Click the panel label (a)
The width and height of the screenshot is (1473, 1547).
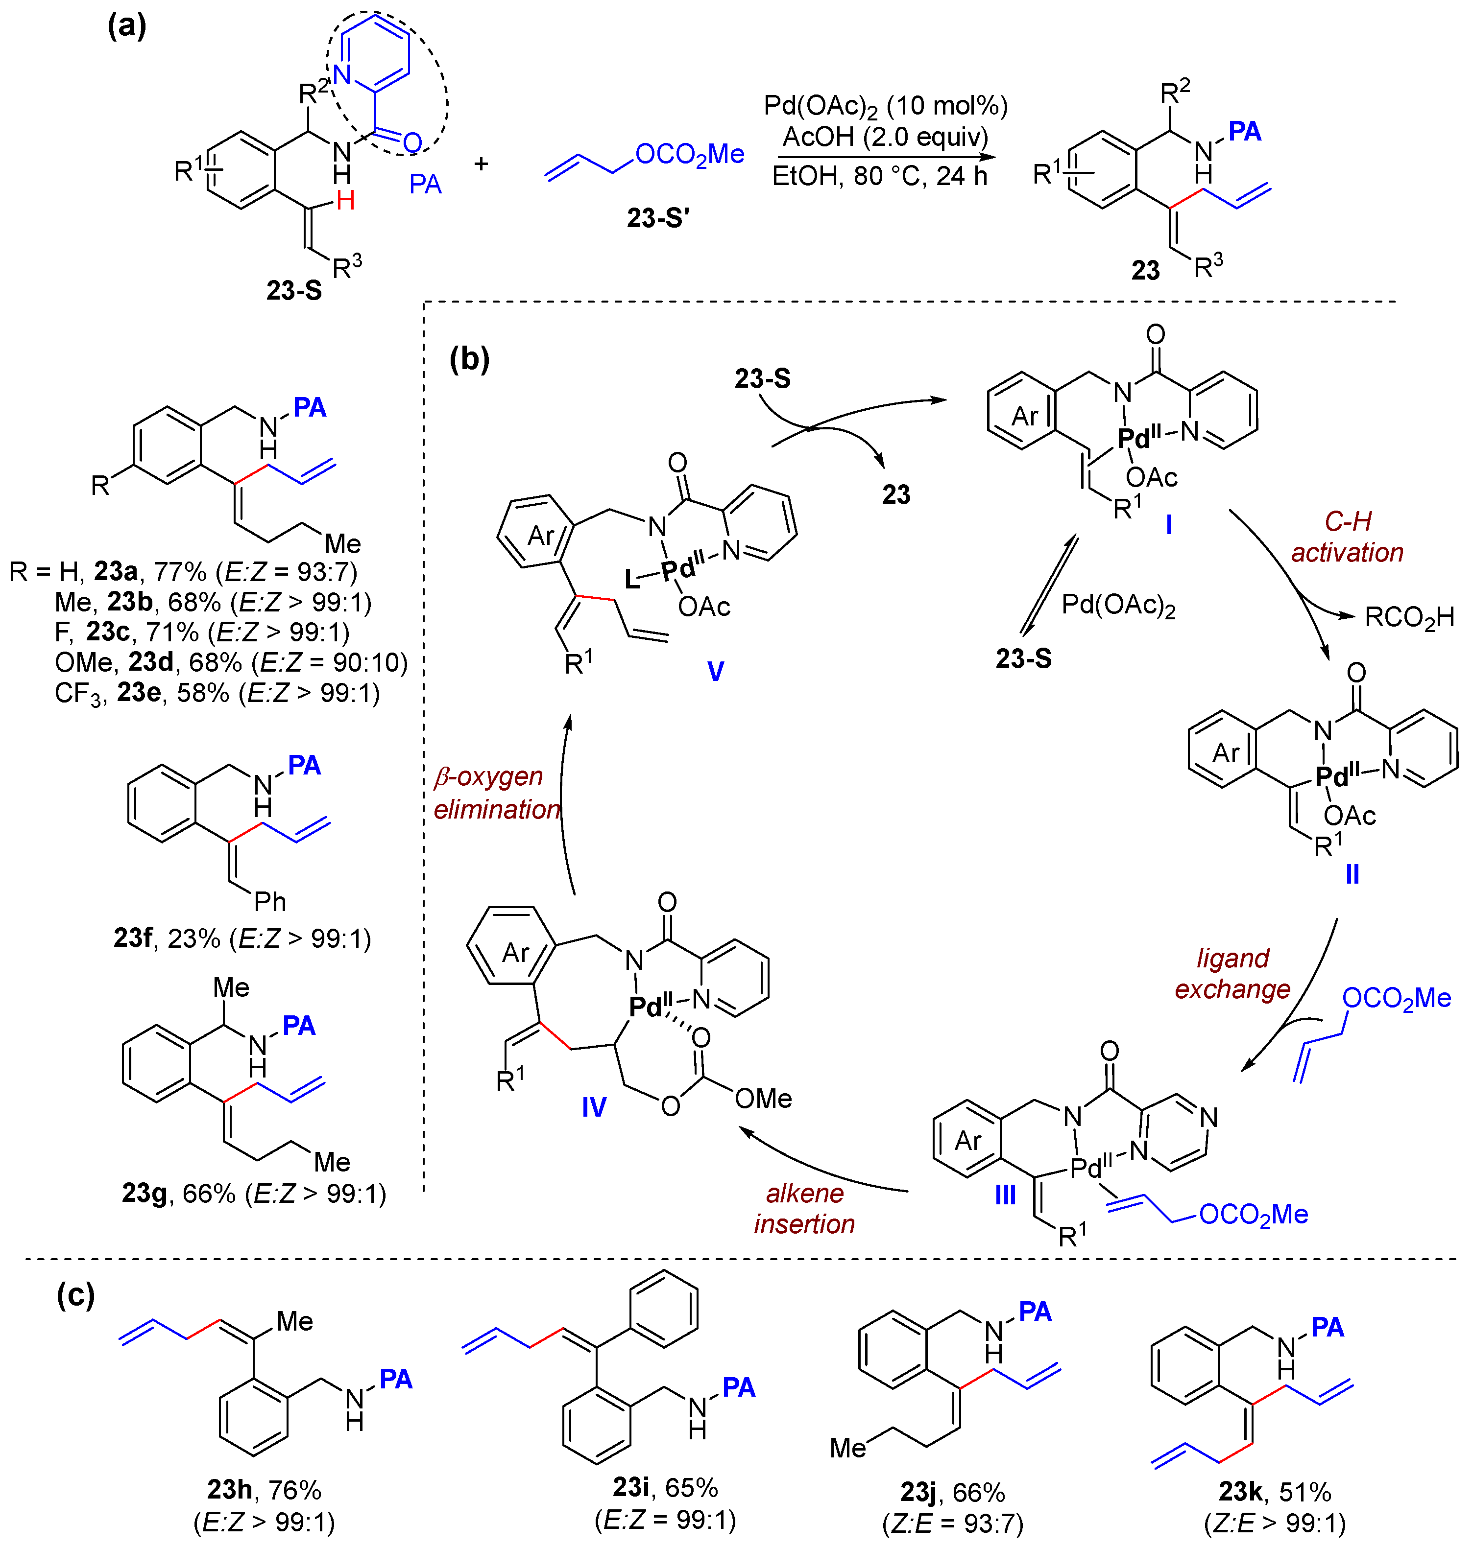pos(126,27)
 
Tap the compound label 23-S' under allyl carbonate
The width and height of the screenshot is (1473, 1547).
pos(657,217)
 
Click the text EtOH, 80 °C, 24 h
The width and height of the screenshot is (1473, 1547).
pos(879,176)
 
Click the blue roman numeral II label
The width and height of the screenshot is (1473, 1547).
pos(1352,873)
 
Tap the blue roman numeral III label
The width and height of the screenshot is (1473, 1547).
pos(1005,1195)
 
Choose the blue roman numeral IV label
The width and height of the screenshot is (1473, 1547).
pos(594,1107)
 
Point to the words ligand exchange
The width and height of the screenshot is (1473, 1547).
pos(1232,973)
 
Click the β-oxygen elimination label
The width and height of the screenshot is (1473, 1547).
pos(496,792)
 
